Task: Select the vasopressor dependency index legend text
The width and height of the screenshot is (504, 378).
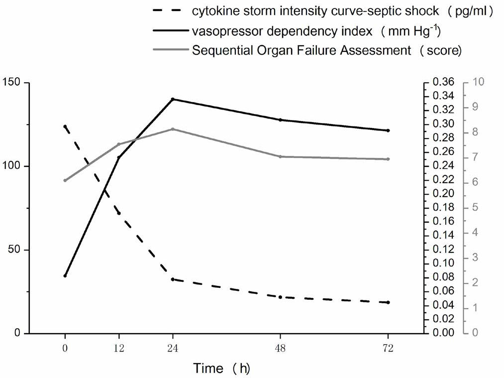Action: click(x=282, y=31)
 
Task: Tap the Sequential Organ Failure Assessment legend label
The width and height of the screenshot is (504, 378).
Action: click(x=302, y=50)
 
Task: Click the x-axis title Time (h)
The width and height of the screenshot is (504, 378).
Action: click(x=221, y=369)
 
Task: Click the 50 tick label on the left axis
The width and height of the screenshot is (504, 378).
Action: click(x=16, y=250)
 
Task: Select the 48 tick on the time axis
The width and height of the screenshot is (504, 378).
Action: click(x=281, y=349)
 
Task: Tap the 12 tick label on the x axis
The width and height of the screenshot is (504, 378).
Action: click(x=118, y=349)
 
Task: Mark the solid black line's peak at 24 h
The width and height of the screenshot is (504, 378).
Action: click(x=173, y=99)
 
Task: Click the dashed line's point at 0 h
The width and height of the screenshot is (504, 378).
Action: click(x=65, y=126)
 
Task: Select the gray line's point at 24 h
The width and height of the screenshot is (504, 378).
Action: click(x=173, y=129)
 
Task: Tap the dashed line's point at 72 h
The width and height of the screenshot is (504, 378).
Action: click(x=388, y=302)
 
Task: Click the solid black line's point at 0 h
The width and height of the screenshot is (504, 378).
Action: click(x=65, y=275)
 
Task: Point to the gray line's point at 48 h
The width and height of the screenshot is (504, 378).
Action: click(x=281, y=156)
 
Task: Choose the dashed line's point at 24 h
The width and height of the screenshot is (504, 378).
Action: click(x=173, y=279)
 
